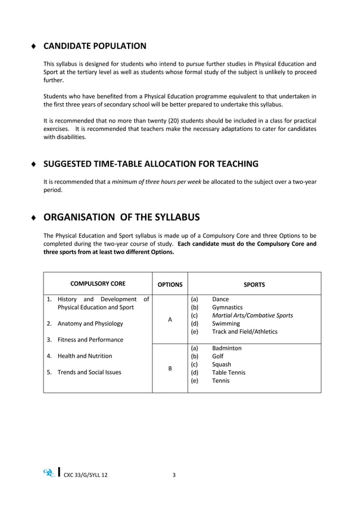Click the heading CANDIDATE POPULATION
click(x=95, y=46)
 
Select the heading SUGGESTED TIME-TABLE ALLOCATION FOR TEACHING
click(x=151, y=164)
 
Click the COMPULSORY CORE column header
click(x=98, y=284)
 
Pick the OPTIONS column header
click(x=170, y=284)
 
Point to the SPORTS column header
click(x=254, y=284)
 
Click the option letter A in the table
click(x=170, y=319)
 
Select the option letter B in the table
click(x=170, y=368)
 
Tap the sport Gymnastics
click(x=227, y=308)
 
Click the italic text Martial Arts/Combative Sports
click(x=252, y=315)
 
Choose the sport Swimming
click(x=226, y=324)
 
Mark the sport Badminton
click(x=227, y=348)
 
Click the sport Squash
click(x=221, y=365)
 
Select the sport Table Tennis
click(x=229, y=372)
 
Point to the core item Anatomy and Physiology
click(x=90, y=324)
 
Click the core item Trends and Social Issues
click(x=89, y=372)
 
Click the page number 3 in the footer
click(x=174, y=475)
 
